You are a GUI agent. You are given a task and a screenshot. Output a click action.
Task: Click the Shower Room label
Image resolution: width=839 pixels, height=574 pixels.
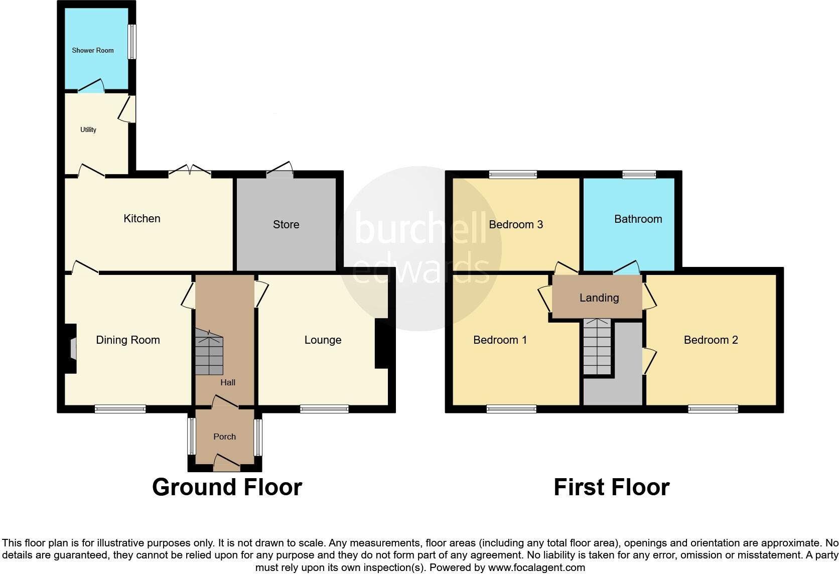(93, 50)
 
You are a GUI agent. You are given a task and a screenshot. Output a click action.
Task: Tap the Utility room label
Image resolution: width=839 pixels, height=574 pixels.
(88, 129)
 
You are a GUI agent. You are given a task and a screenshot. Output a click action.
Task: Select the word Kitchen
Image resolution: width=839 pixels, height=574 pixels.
(142, 218)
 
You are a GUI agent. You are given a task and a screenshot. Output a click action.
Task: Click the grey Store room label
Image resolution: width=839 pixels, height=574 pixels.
(286, 224)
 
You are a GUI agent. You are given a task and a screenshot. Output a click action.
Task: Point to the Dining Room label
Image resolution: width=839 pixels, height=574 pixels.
(128, 340)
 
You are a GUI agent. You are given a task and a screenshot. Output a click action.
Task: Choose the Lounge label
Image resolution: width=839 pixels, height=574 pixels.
(323, 340)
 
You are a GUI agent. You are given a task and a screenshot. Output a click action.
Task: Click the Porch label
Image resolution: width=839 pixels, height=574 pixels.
(224, 437)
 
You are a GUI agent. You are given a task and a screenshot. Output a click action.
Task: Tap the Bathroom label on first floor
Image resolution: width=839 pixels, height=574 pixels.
(638, 219)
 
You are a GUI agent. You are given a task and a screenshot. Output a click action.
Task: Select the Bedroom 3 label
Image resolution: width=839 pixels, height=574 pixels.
(516, 224)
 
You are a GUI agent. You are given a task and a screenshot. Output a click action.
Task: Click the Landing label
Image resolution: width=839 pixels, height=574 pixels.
(599, 298)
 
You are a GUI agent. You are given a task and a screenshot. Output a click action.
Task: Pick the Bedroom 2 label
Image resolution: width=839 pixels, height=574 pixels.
(711, 340)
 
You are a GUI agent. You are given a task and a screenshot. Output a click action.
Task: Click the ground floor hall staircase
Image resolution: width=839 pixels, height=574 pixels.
(209, 353)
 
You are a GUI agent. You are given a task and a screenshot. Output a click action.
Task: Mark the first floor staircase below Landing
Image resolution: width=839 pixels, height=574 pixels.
(597, 346)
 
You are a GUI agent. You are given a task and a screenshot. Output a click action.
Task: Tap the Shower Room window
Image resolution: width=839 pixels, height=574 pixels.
(132, 42)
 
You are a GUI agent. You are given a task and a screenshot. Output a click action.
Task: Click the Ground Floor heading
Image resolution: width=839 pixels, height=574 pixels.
(227, 487)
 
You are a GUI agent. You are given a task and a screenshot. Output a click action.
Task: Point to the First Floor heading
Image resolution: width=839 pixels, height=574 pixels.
(611, 487)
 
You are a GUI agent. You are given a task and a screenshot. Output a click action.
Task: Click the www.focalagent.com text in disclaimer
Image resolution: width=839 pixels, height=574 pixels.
(536, 568)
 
